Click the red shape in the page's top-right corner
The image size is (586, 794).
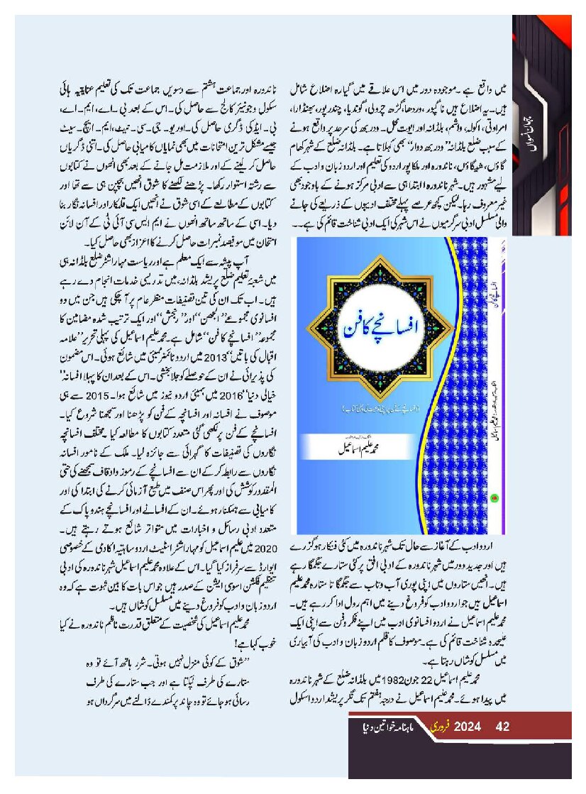561,28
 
